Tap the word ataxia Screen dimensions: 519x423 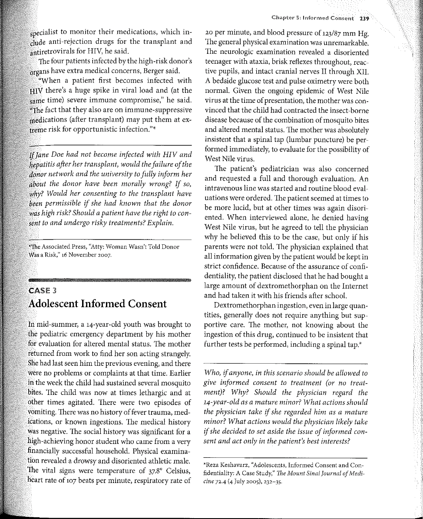(x=263, y=62)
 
